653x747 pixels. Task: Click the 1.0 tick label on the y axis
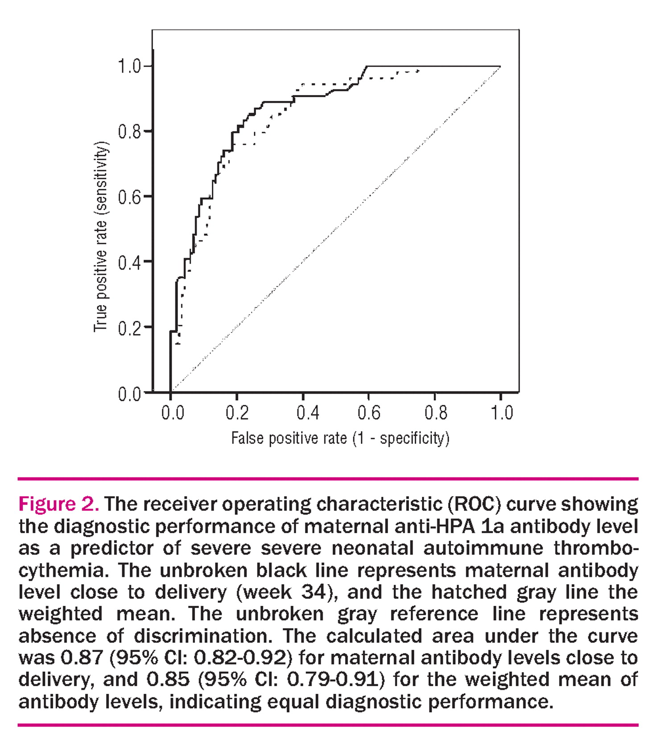tap(129, 66)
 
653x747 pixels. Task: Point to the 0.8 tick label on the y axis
tap(129, 132)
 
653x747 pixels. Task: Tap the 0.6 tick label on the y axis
tap(129, 197)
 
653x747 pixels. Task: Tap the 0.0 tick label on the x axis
tap(172, 413)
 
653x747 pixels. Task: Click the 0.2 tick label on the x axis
tap(237, 413)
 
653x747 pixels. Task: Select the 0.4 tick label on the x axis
tap(308, 413)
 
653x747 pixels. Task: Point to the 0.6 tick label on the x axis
tap(369, 413)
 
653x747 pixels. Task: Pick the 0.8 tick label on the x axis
tap(435, 413)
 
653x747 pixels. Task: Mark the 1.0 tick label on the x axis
tap(502, 413)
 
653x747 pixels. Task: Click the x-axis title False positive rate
tap(340, 438)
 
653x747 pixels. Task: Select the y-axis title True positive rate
tap(101, 237)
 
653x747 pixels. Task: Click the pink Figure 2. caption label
tap(58, 504)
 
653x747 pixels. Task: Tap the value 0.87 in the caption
tap(82, 657)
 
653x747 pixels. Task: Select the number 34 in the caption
tap(314, 592)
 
